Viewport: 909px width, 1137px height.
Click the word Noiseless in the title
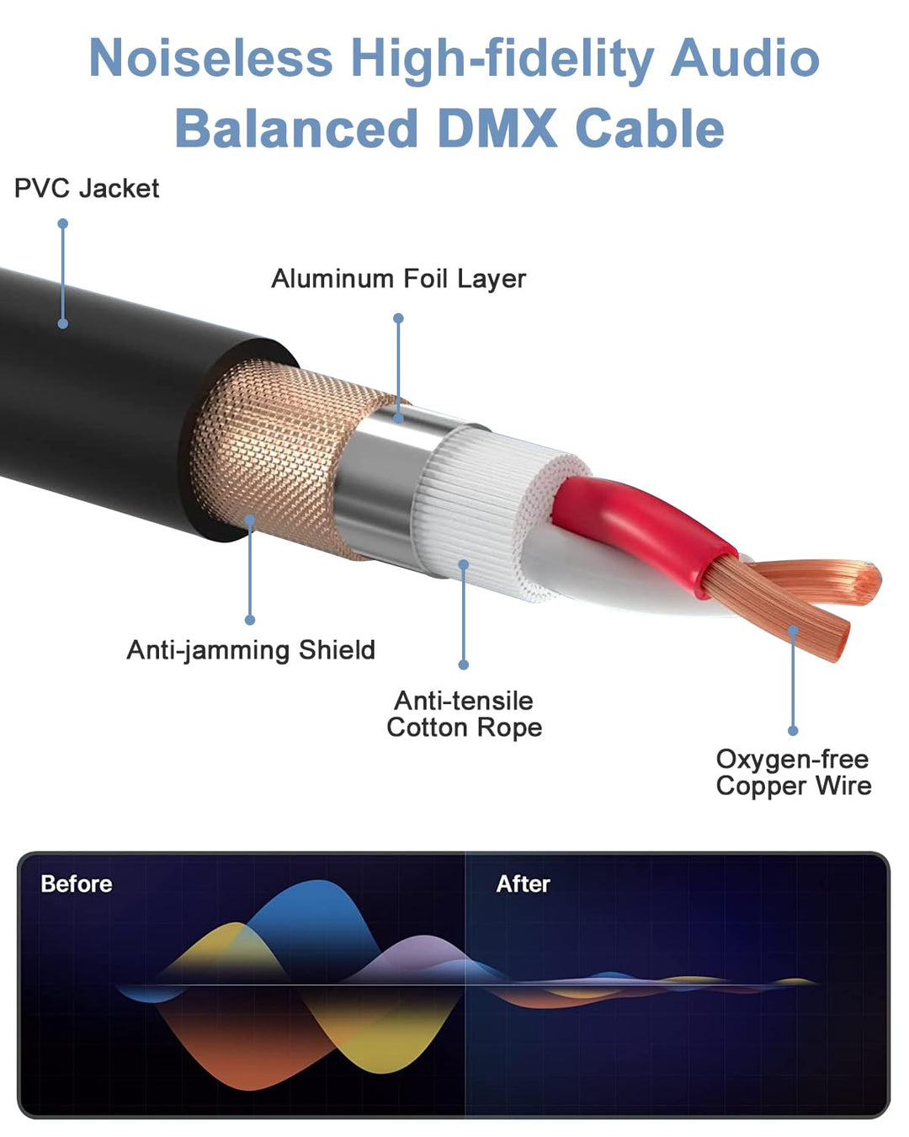click(210, 59)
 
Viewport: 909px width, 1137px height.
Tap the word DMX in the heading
click(497, 129)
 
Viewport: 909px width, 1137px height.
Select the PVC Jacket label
click(87, 188)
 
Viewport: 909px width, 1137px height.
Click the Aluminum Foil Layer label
click(398, 279)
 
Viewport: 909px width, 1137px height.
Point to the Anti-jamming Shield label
click(251, 650)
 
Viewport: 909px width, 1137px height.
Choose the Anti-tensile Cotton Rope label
click(464, 714)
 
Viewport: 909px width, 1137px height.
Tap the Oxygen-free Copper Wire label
click(793, 772)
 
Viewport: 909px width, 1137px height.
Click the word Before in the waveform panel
click(77, 883)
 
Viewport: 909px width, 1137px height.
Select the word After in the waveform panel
click(523, 883)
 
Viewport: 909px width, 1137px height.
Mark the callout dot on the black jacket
click(63, 323)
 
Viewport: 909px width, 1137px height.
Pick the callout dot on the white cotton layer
click(463, 564)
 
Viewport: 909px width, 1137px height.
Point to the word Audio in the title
click(744, 59)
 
